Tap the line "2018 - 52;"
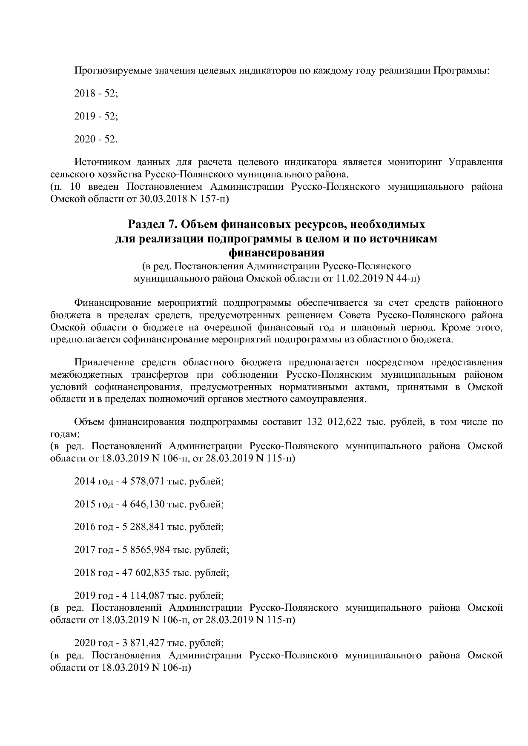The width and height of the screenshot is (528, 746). (96, 94)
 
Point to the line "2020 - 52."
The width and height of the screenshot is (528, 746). (96, 139)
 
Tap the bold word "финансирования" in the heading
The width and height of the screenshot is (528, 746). (276, 253)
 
